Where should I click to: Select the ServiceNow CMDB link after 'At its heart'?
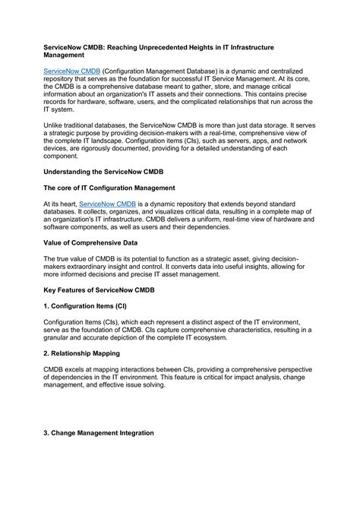[109, 205]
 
